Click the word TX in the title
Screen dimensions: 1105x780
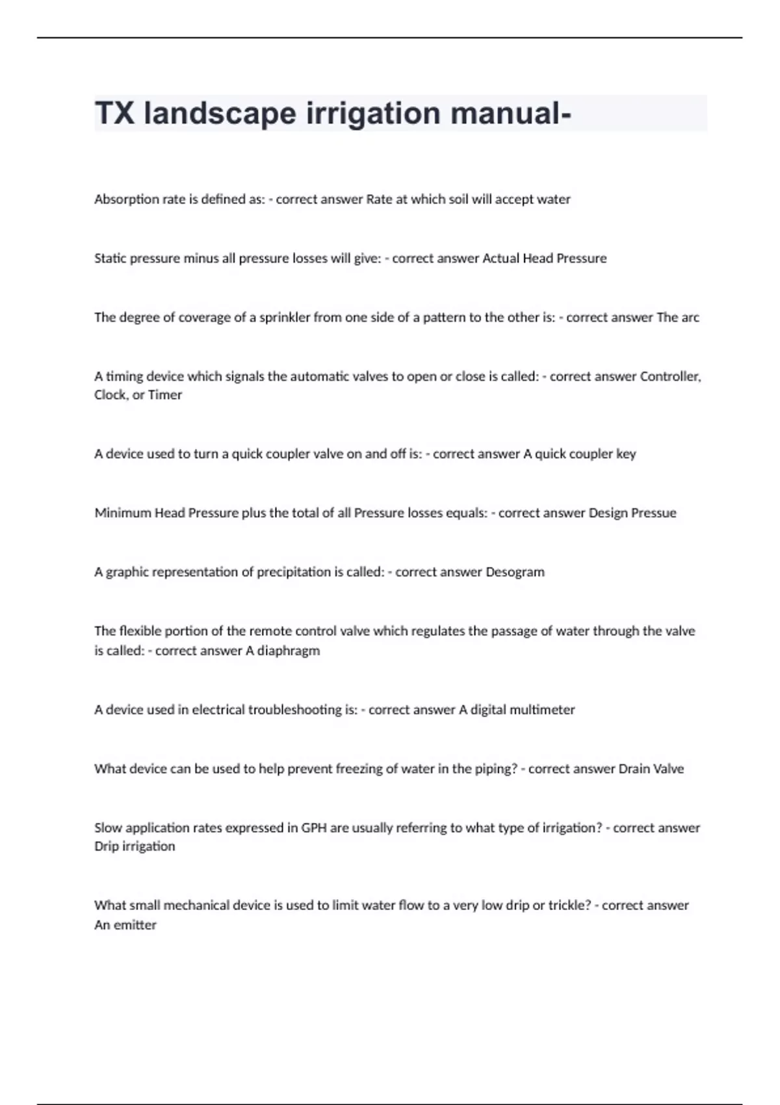click(x=114, y=113)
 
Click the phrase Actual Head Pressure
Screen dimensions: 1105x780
click(x=544, y=259)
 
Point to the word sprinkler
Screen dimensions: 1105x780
click(x=285, y=318)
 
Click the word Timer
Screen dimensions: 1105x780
click(x=165, y=395)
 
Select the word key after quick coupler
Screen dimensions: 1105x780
click(x=626, y=454)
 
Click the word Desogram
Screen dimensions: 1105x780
click(x=515, y=572)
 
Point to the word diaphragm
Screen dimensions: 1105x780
click(x=288, y=651)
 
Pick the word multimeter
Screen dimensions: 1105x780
click(x=541, y=710)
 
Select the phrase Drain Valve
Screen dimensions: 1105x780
click(x=651, y=769)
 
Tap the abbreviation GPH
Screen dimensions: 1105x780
click(x=315, y=828)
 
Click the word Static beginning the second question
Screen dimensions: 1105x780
click(x=110, y=259)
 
